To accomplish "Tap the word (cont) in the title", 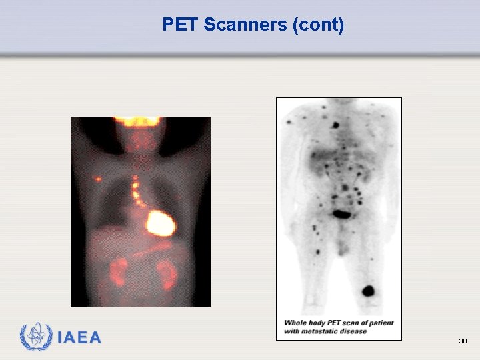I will (318, 25).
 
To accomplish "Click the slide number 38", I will (463, 341).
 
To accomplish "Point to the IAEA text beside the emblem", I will (79, 337).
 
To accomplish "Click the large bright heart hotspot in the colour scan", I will (160, 223).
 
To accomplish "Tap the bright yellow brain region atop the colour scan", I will (137, 122).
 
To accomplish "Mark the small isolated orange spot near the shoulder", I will (99, 179).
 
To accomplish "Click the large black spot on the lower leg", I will (367, 291).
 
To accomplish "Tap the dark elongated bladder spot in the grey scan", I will (343, 214).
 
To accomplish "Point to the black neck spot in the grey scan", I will (336, 124).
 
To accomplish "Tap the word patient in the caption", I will (380, 323).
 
